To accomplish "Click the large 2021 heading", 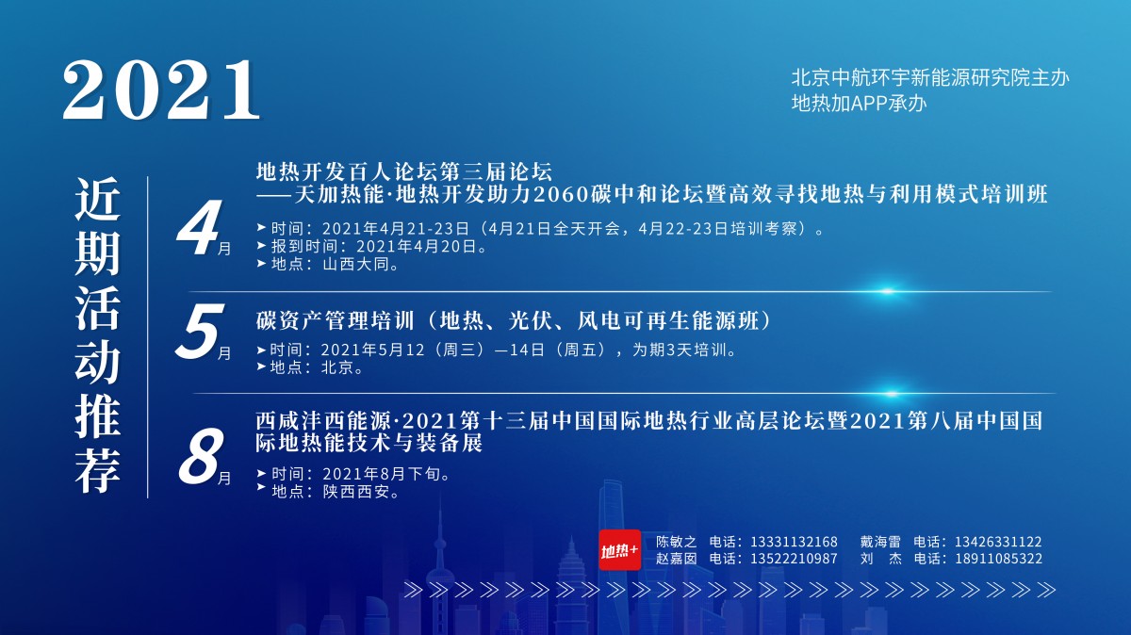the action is click(x=161, y=90).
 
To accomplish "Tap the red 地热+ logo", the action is click(x=619, y=549).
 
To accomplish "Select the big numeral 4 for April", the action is click(x=199, y=227).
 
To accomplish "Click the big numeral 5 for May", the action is click(x=200, y=332).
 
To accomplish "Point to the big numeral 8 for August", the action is click(x=200, y=455).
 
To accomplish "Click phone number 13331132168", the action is click(x=795, y=542).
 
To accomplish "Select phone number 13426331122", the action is click(x=998, y=542).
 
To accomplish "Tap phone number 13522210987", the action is click(x=795, y=559).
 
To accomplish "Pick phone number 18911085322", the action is click(x=998, y=559).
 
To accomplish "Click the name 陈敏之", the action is click(x=677, y=542).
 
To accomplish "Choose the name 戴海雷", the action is click(x=880, y=542).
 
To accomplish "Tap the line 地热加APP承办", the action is click(x=860, y=103).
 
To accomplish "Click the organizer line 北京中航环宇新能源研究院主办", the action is click(x=930, y=78).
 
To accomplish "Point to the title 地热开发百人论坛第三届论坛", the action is click(x=404, y=171).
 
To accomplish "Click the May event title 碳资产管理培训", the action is click(x=336, y=320).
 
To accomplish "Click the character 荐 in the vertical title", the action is click(x=97, y=471).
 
